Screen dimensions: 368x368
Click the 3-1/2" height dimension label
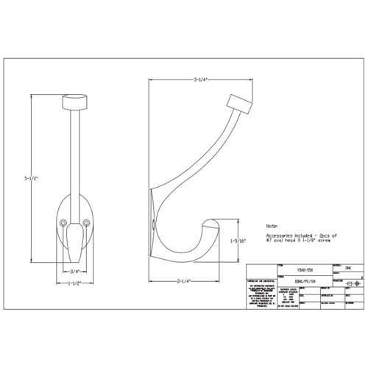(x=28, y=177)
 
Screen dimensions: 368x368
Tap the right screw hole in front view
(x=87, y=222)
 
